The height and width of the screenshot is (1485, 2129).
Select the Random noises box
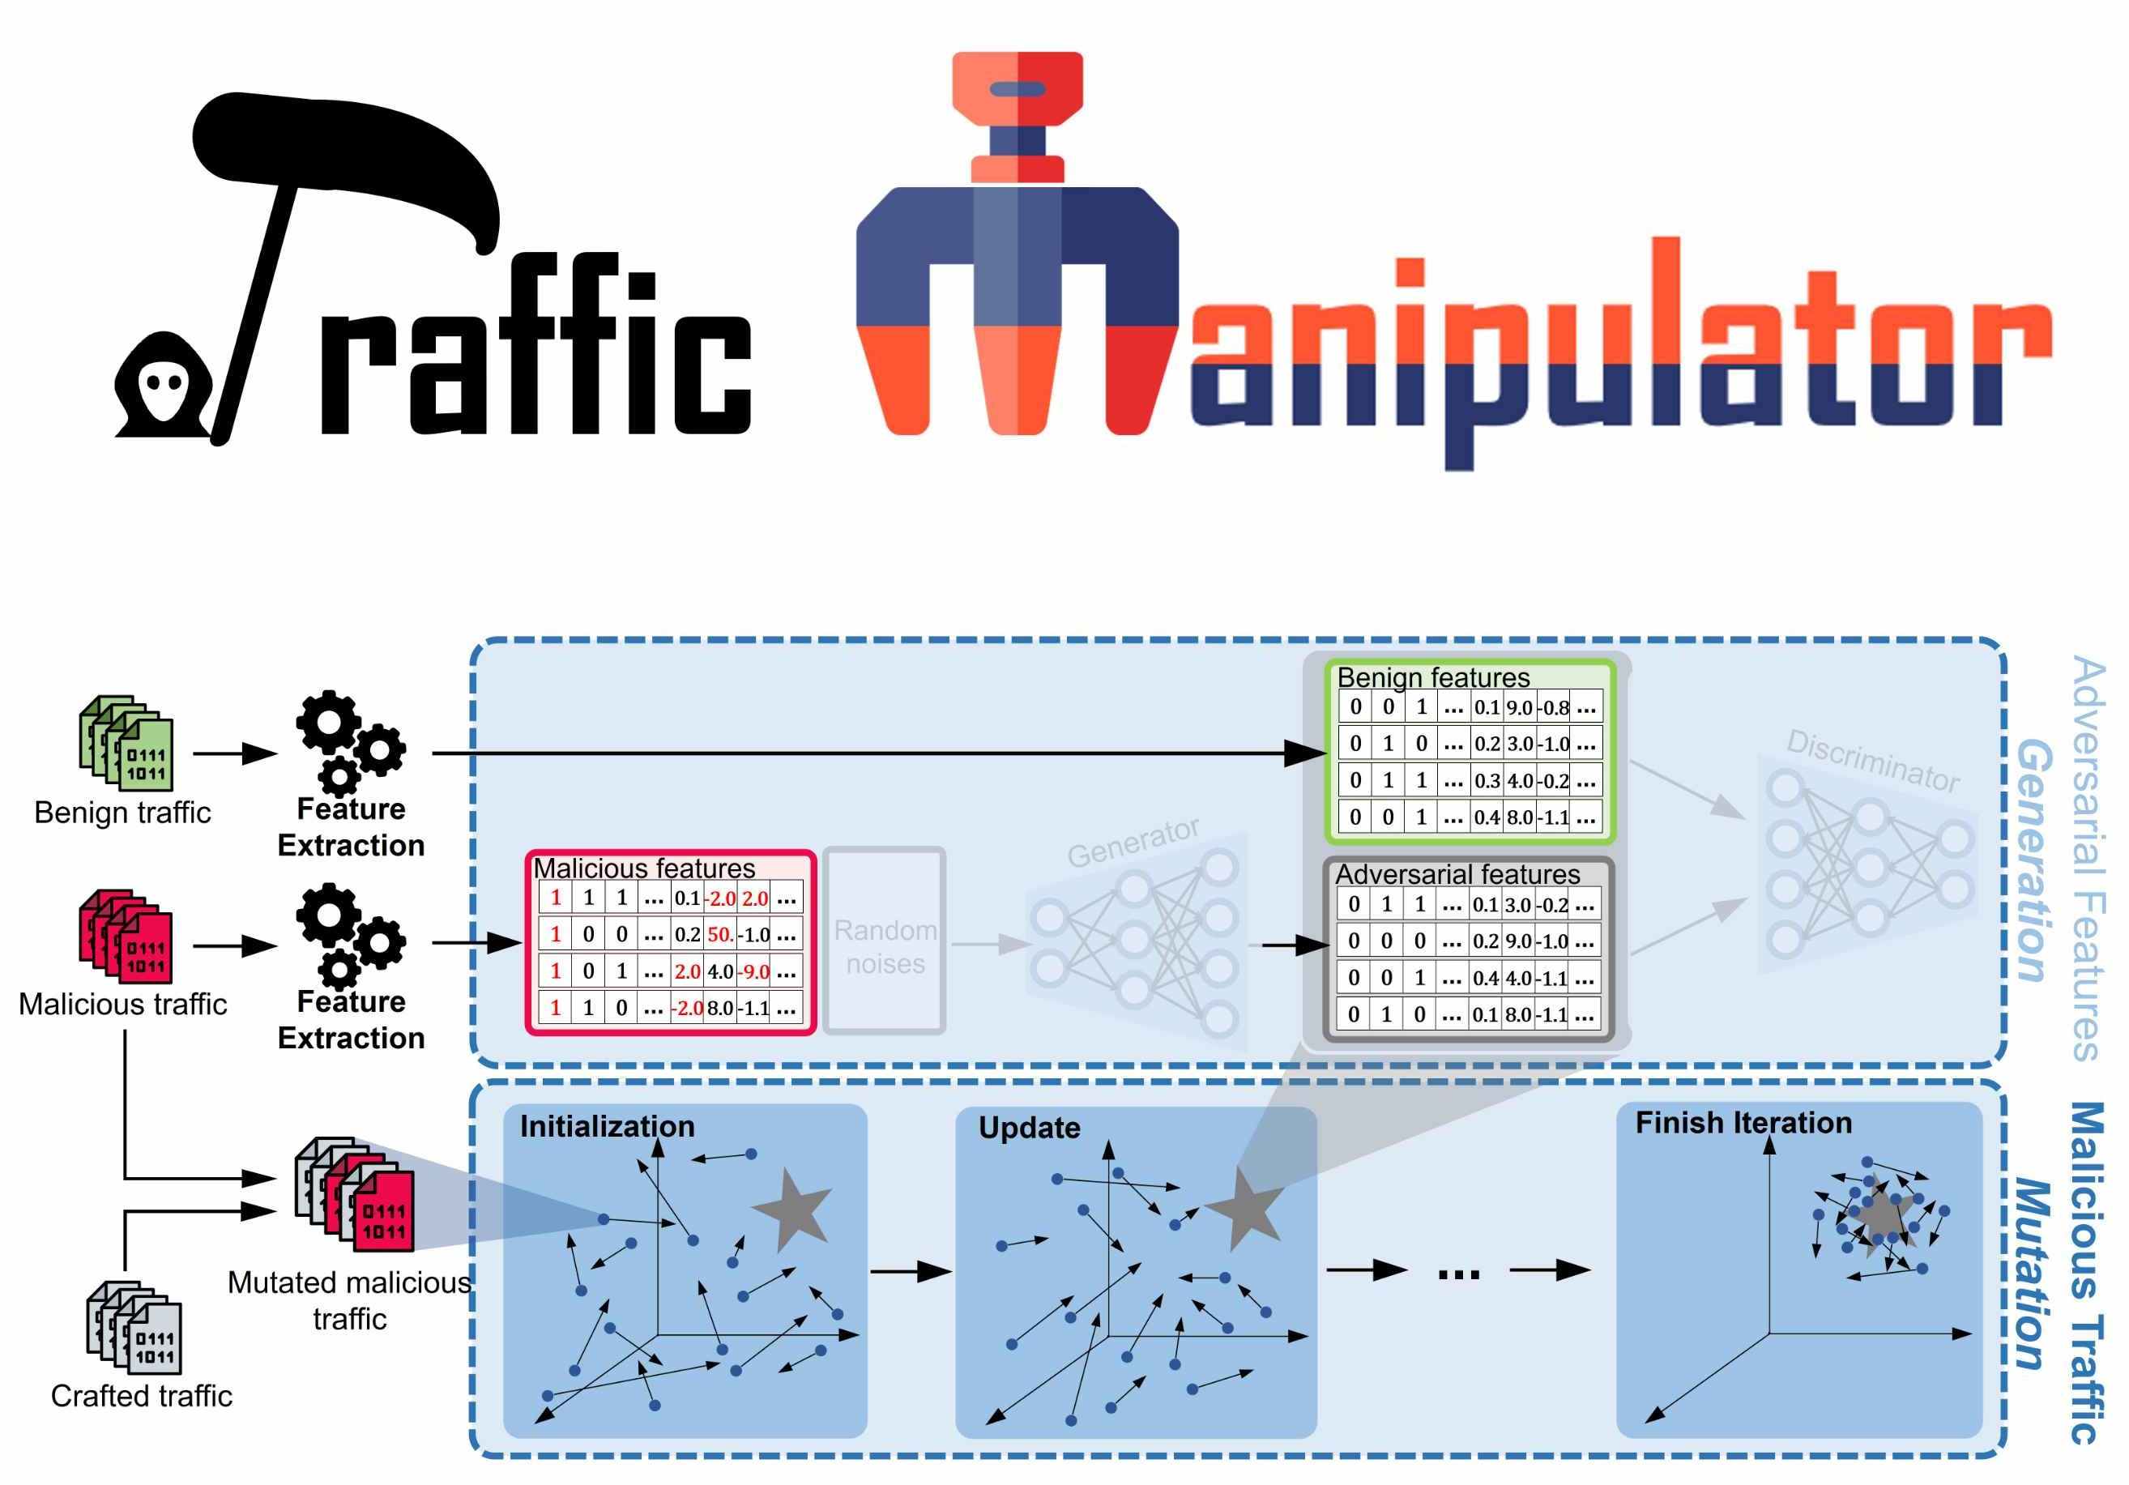coord(885,941)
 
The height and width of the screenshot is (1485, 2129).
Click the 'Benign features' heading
coord(1432,678)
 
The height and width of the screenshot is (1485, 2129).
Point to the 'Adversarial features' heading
coord(1457,875)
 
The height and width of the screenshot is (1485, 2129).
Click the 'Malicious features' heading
coord(643,868)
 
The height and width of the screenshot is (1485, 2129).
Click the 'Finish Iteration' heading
coord(1743,1123)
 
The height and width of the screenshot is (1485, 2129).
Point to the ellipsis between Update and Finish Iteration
coord(1458,1274)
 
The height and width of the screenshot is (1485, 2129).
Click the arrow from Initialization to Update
coord(911,1271)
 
